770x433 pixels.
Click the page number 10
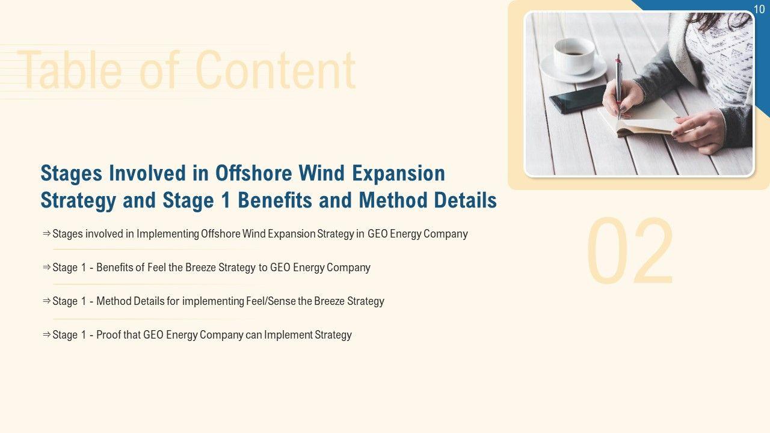pyautogui.click(x=759, y=9)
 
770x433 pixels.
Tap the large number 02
pyautogui.click(x=630, y=251)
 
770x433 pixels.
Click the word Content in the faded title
pyautogui.click(x=276, y=70)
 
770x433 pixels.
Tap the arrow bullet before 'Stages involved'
pyautogui.click(x=46, y=234)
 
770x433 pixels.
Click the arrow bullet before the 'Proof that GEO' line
pyautogui.click(x=46, y=334)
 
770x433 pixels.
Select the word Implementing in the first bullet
pyautogui.click(x=168, y=234)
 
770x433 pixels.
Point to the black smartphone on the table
pyautogui.click(x=578, y=99)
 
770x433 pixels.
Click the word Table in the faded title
pyautogui.click(x=70, y=70)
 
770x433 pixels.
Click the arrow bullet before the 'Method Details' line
pyautogui.click(x=46, y=301)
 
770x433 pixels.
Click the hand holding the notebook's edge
pyautogui.click(x=698, y=131)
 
